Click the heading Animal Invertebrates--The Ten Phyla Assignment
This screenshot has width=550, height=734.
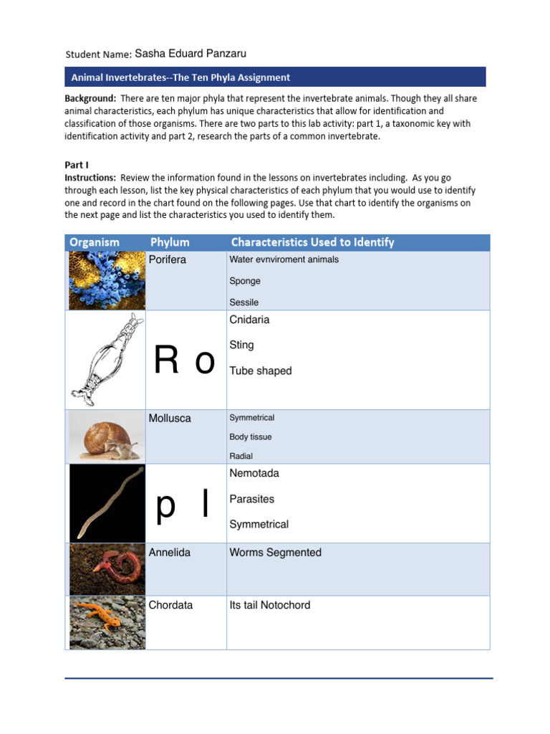[180, 77]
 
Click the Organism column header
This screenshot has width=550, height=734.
[95, 242]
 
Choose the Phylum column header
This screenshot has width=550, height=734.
[170, 242]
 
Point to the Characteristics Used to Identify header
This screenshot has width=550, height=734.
[312, 242]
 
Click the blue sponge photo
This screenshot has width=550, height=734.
[106, 280]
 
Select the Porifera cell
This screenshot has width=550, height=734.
[168, 259]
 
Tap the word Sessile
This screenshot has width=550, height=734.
[244, 302]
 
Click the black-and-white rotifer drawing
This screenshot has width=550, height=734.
[106, 359]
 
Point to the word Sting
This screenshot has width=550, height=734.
[241, 345]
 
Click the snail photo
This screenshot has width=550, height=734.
[106, 436]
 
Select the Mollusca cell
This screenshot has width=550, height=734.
[170, 418]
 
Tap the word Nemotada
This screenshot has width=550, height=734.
[254, 473]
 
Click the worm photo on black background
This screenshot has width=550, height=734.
[106, 502]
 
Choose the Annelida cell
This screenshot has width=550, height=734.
[170, 553]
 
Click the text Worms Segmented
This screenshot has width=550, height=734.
[275, 553]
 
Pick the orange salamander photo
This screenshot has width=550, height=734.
[106, 622]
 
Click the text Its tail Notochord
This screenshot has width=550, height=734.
[270, 605]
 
